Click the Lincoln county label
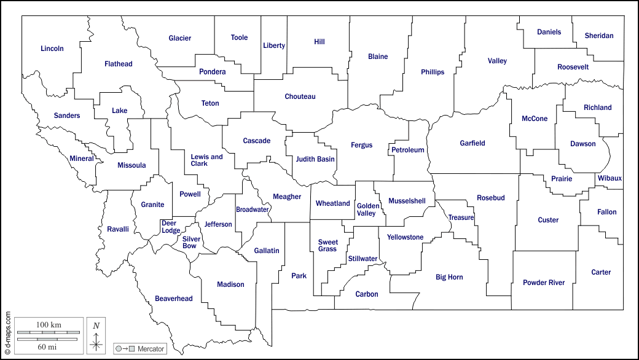[52, 49]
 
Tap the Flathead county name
[118, 64]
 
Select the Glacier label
[180, 38]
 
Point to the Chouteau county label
[300, 96]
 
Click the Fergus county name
[361, 145]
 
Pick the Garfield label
[472, 143]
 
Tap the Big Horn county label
[449, 277]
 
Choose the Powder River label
[544, 283]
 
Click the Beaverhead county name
[173, 299]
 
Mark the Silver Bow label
[189, 242]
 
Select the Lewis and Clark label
[206, 160]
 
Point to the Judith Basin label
[315, 159]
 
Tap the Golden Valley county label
[367, 209]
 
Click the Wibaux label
[610, 179]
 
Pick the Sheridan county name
[599, 36]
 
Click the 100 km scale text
[49, 324]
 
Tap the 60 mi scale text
[47, 347]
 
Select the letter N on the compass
[96, 326]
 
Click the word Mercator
[151, 349]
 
